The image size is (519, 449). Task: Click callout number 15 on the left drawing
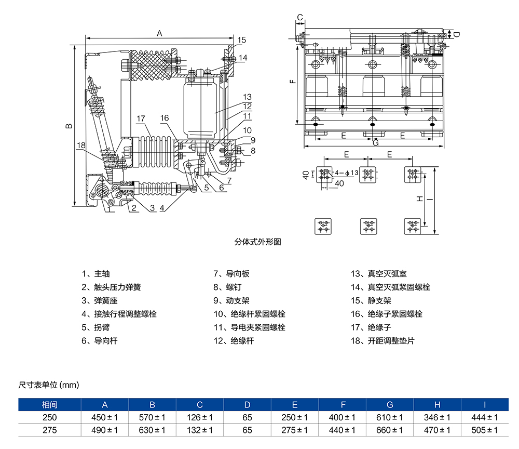click(x=242, y=40)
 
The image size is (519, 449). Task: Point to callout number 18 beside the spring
click(x=80, y=146)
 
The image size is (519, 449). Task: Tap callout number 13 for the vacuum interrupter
click(x=247, y=97)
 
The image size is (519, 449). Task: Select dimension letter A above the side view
click(x=160, y=33)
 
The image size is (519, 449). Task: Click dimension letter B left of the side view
click(x=69, y=126)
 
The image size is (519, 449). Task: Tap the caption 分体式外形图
click(x=257, y=242)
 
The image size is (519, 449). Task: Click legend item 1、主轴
click(x=96, y=274)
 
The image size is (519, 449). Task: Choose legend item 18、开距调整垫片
click(x=384, y=341)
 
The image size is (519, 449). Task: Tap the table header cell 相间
click(x=50, y=405)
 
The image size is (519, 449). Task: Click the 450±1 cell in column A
click(x=105, y=417)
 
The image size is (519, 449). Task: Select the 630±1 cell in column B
click(x=152, y=430)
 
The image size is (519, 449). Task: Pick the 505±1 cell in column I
click(x=485, y=430)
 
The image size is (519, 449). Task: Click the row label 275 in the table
click(x=50, y=430)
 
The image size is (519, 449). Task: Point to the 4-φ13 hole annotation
click(x=347, y=172)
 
